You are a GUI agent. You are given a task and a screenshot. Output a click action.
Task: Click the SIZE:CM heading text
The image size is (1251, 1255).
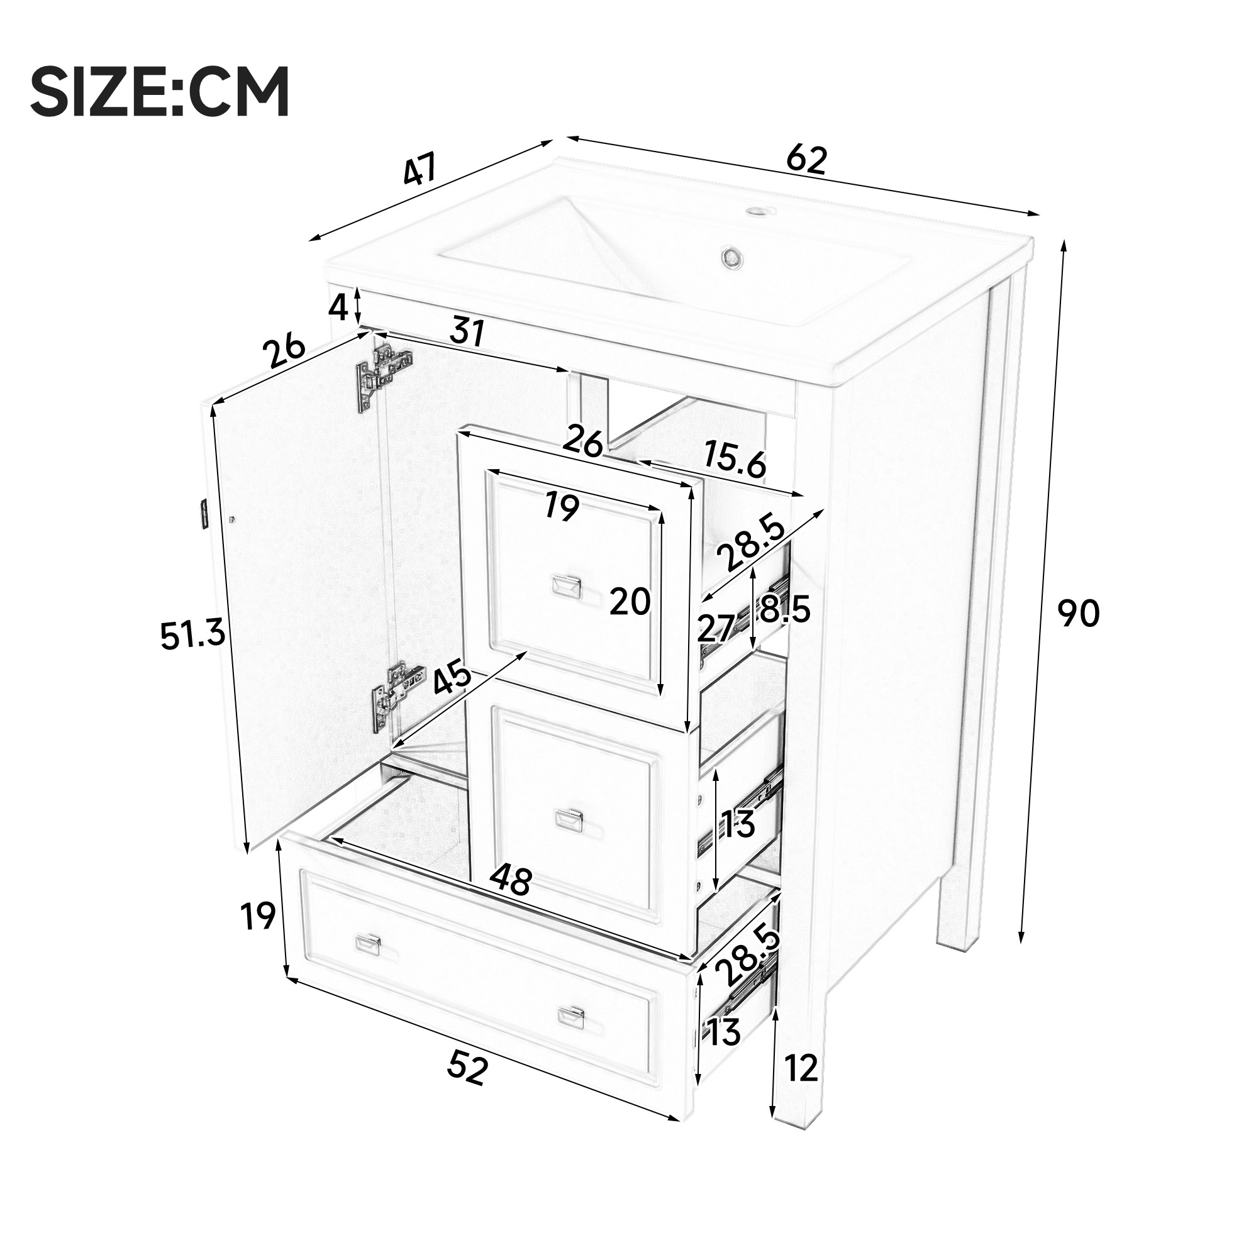(x=160, y=92)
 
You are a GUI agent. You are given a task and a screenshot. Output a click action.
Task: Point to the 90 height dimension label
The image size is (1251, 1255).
(x=1079, y=613)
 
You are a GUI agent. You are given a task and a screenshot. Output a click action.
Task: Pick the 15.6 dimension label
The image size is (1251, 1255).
(x=735, y=460)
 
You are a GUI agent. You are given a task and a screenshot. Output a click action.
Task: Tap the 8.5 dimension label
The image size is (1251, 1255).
(x=785, y=609)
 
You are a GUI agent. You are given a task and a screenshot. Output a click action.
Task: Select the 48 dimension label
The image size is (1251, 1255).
(x=510, y=881)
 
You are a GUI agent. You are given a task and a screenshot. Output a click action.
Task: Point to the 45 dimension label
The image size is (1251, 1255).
(x=452, y=675)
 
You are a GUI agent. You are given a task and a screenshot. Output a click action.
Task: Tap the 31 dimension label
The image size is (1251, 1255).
(x=467, y=333)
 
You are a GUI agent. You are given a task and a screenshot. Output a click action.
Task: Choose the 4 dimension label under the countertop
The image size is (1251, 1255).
(x=338, y=307)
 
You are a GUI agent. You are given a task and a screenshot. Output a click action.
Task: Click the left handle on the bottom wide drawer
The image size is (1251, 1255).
(x=367, y=945)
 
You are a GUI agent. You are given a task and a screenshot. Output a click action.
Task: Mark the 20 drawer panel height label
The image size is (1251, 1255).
(x=630, y=602)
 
